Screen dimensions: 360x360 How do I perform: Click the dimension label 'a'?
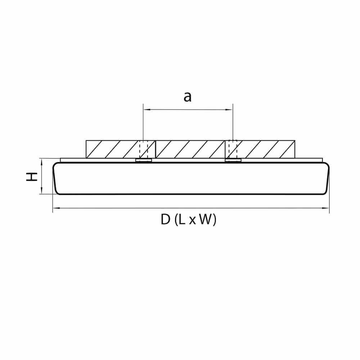(x=187, y=97)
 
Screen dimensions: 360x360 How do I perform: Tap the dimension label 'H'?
(x=33, y=176)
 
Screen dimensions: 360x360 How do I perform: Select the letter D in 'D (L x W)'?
(x=165, y=219)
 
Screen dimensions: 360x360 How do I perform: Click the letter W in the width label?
(x=205, y=219)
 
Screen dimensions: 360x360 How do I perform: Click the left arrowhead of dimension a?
(x=145, y=109)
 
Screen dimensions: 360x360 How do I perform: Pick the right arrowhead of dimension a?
(x=231, y=109)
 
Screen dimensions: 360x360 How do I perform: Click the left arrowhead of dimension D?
(x=55, y=208)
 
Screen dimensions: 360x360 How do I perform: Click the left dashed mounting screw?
(x=143, y=149)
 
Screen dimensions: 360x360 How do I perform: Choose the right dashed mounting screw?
(x=233, y=149)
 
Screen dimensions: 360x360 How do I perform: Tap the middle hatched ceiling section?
(x=190, y=149)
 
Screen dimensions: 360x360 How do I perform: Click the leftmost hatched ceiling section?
(x=112, y=149)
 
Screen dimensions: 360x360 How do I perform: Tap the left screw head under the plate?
(x=143, y=161)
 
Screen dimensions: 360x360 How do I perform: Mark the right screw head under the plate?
(x=233, y=161)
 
